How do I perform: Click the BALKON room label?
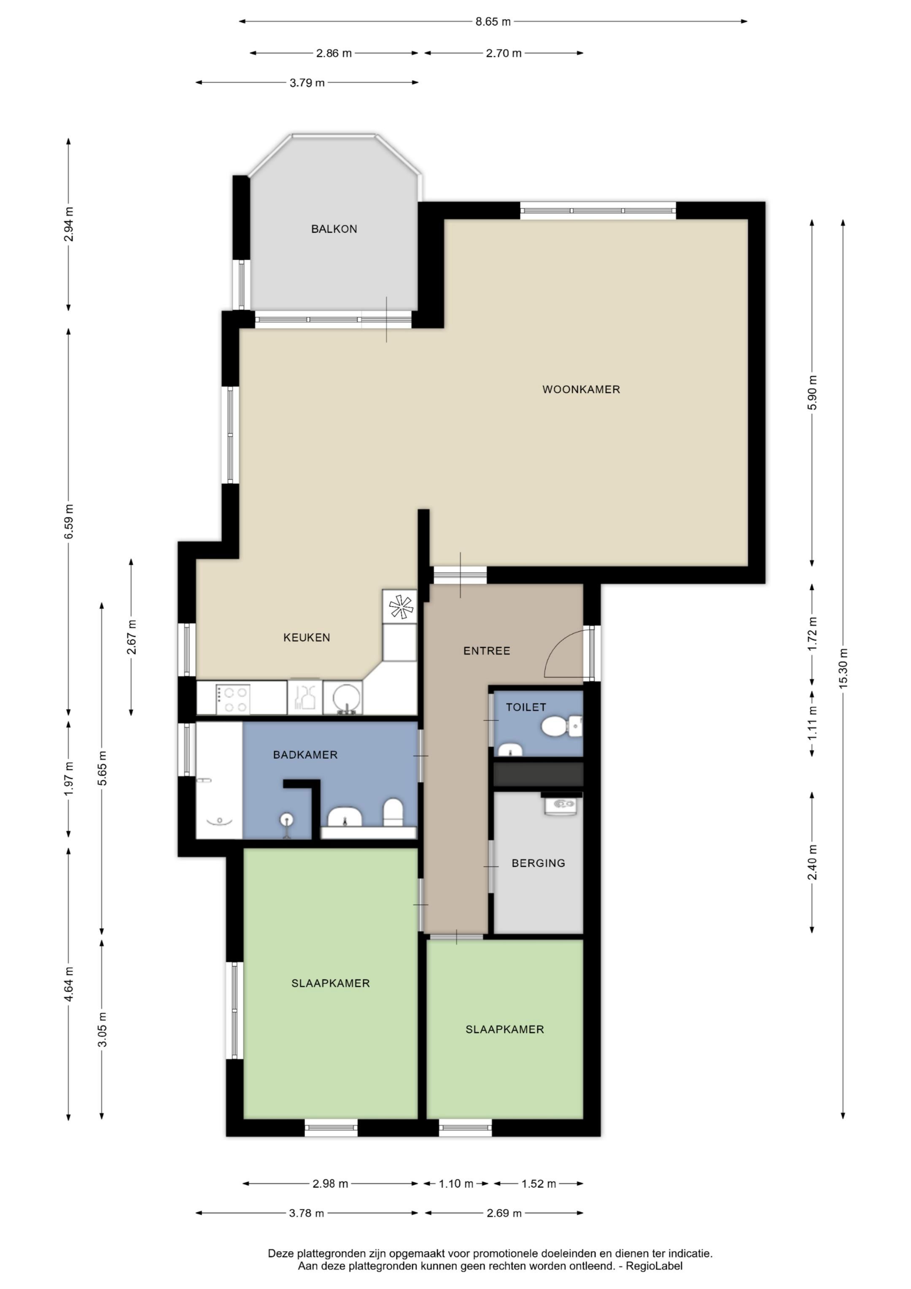(x=334, y=229)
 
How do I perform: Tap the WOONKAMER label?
(x=581, y=389)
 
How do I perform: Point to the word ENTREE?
(x=487, y=651)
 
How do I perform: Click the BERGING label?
(x=538, y=863)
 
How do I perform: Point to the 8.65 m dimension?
(x=493, y=22)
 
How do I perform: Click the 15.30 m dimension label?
(x=843, y=668)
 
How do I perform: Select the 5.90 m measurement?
(x=812, y=392)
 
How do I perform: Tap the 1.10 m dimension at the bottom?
(x=456, y=1184)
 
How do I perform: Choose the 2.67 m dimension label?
(x=131, y=637)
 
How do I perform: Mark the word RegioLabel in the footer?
(x=655, y=1266)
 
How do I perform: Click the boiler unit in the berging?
(x=561, y=804)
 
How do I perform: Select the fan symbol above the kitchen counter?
(x=400, y=606)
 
